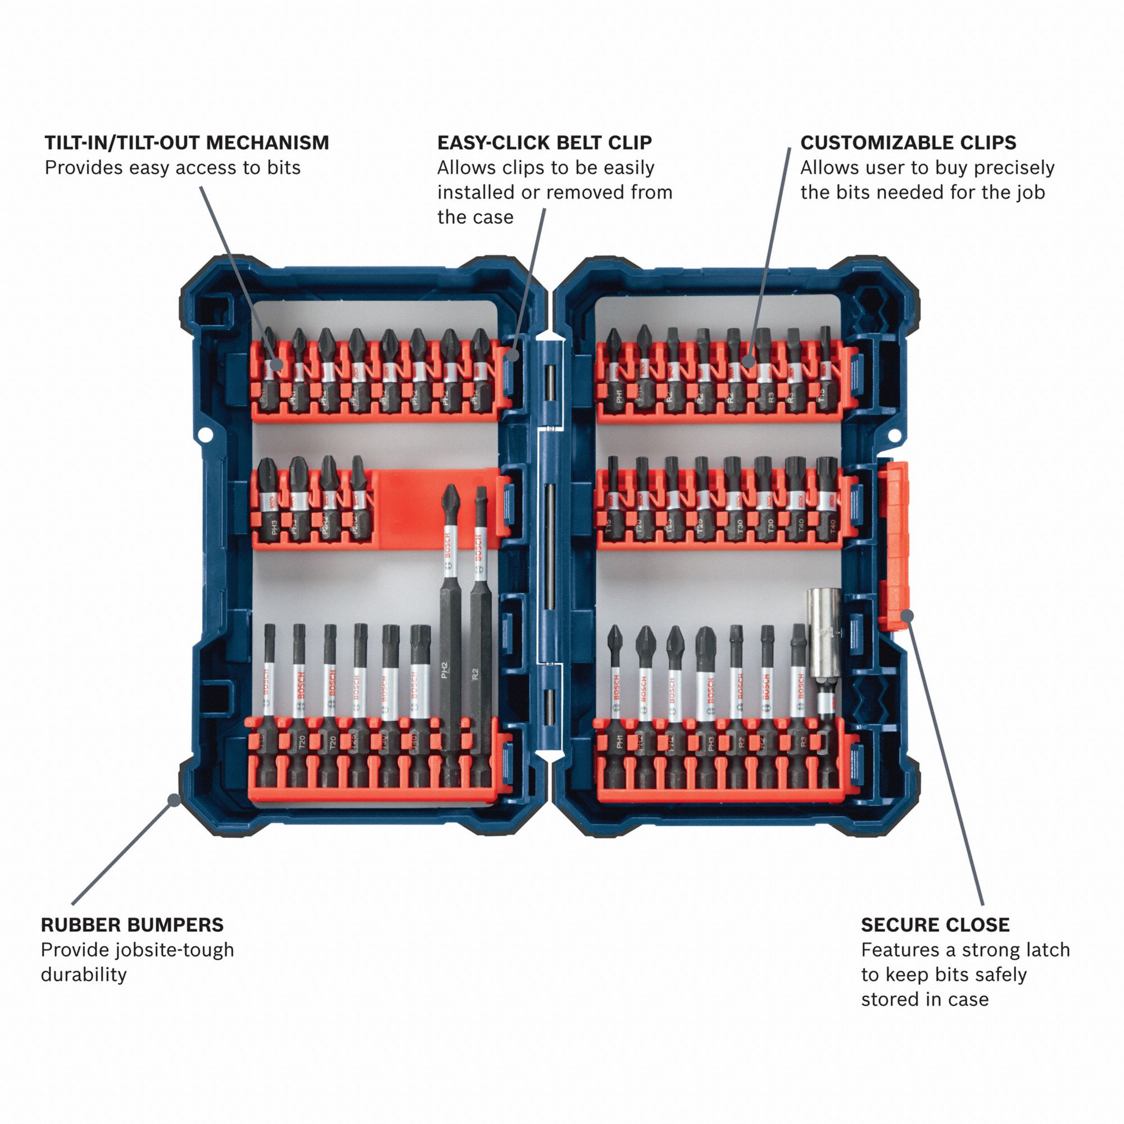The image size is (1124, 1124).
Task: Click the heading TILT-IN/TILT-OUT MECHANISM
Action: (x=187, y=143)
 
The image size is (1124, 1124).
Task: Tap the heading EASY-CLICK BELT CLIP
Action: (x=544, y=143)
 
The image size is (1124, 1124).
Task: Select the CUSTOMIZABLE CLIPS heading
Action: (x=908, y=143)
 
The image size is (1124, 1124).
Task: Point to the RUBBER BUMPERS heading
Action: (x=132, y=925)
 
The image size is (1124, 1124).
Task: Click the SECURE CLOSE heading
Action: (x=935, y=925)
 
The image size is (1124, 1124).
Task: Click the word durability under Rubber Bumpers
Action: (x=83, y=975)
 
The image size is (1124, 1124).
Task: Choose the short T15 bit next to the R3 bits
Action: (x=825, y=373)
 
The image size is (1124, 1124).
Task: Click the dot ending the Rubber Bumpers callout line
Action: (x=173, y=799)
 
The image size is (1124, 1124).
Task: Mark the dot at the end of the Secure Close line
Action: (x=908, y=615)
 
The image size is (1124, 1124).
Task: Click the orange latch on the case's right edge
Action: (x=893, y=544)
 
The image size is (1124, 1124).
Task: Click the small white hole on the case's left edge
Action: (x=203, y=434)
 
